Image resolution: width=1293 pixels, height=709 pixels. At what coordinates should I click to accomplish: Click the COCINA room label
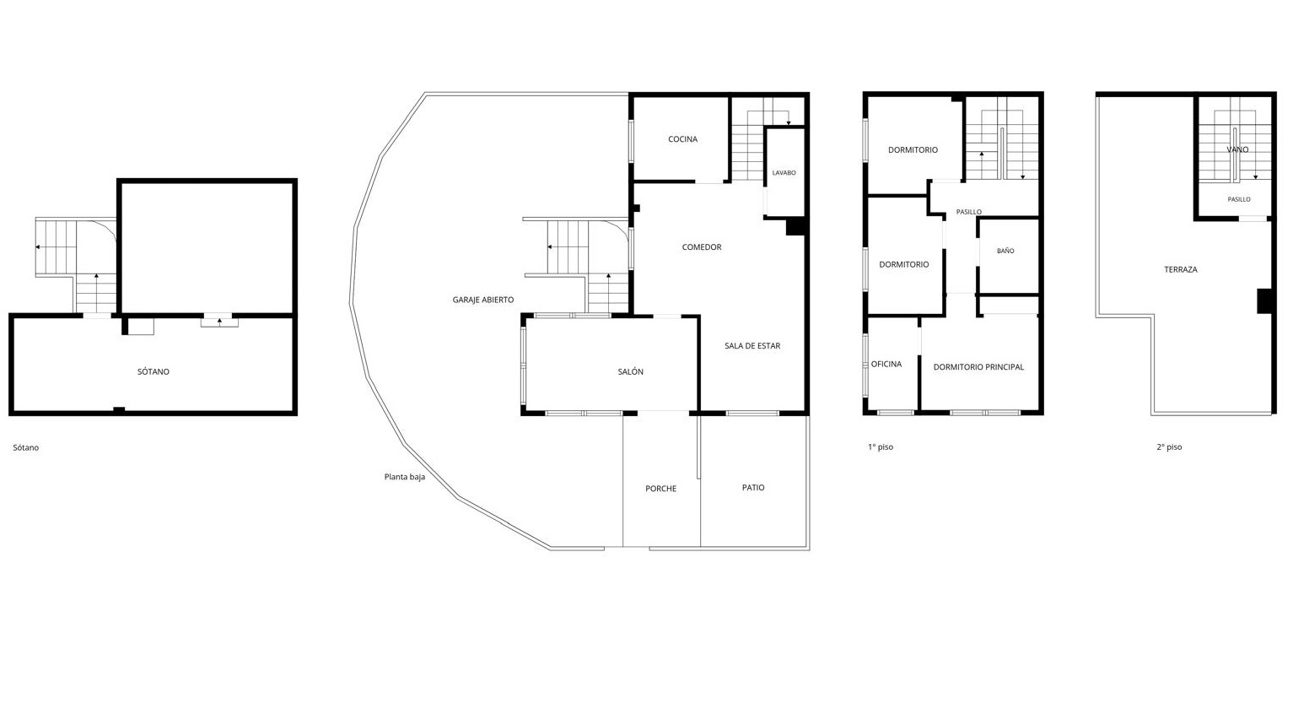(683, 139)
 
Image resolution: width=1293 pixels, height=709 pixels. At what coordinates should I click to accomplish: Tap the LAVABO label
(784, 173)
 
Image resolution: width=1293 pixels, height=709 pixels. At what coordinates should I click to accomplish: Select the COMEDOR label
(702, 247)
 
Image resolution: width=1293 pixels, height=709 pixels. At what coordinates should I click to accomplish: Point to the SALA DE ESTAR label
(752, 346)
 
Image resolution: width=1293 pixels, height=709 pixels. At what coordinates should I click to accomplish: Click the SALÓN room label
(630, 372)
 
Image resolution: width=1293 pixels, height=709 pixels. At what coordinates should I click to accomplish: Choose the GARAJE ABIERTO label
(483, 300)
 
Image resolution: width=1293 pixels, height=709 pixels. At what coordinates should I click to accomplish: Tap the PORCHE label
(661, 489)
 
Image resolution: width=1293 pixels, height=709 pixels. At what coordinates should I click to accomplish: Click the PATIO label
(753, 488)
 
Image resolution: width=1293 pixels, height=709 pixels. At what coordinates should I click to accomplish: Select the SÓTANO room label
(154, 371)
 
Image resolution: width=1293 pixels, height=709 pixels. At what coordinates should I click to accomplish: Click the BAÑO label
(1005, 251)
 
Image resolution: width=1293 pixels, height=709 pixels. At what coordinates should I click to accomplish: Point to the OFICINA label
(886, 364)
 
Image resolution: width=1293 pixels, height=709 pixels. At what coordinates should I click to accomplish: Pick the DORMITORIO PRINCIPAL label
(979, 367)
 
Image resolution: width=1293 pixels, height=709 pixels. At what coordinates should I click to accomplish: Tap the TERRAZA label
(1181, 269)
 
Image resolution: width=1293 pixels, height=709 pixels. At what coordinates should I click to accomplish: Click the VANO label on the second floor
(1237, 149)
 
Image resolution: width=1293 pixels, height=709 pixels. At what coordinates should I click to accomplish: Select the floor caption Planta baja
(405, 477)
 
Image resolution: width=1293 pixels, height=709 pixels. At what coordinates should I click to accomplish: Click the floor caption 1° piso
(881, 447)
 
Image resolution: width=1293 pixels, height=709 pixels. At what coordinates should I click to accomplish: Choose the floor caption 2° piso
(1170, 447)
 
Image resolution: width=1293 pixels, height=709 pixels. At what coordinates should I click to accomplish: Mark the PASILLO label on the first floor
(968, 212)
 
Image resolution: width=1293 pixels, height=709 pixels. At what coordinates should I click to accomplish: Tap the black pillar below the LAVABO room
(795, 227)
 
